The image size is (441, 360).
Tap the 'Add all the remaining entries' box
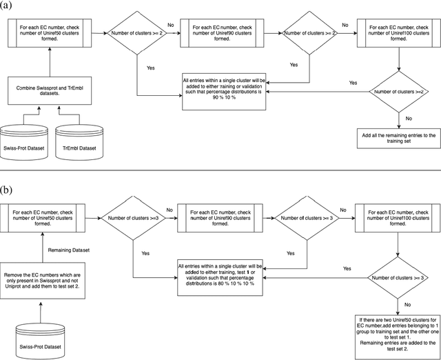click(x=398, y=136)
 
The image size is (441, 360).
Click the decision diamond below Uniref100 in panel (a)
click(x=398, y=91)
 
